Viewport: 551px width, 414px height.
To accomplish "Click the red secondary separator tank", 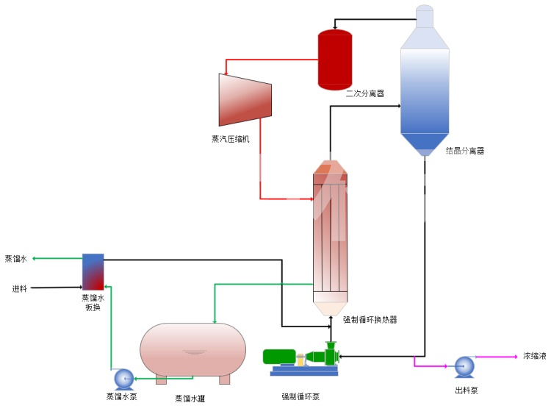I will coord(334,60).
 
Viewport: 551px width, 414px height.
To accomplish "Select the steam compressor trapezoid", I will coord(245,99).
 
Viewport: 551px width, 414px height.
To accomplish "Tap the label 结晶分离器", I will coord(465,151).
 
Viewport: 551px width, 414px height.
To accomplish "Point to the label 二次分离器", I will coord(365,93).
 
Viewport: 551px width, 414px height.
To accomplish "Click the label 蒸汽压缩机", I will coord(231,138).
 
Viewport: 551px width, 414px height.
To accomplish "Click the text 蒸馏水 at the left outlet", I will coord(15,259).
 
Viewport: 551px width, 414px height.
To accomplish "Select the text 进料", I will coord(20,288).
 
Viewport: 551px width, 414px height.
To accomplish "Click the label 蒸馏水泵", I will coord(122,397).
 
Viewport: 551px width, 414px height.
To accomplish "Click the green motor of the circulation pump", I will coord(279,357).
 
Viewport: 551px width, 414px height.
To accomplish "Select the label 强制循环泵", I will coord(300,397).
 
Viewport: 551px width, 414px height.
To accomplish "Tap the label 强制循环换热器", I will coord(370,320).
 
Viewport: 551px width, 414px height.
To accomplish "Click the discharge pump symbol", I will coord(464,366).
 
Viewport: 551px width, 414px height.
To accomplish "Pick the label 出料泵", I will coord(466,390).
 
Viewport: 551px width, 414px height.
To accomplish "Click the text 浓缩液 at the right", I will coord(534,356).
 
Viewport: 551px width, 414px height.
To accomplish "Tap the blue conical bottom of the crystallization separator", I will coord(425,143).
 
